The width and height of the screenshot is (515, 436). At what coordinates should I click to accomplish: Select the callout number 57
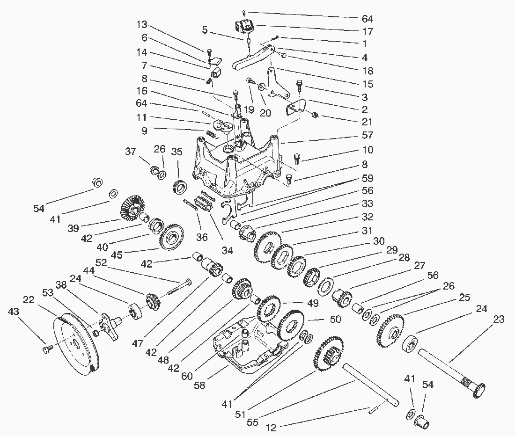pos(367,136)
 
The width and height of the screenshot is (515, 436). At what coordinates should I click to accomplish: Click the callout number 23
pos(499,320)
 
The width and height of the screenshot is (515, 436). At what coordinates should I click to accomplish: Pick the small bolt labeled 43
pos(46,348)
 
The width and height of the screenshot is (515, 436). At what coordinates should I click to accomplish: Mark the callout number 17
pos(367,32)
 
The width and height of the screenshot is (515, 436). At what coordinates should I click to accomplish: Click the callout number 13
pos(142,24)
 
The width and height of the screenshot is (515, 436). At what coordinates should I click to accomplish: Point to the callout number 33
pos(367,204)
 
